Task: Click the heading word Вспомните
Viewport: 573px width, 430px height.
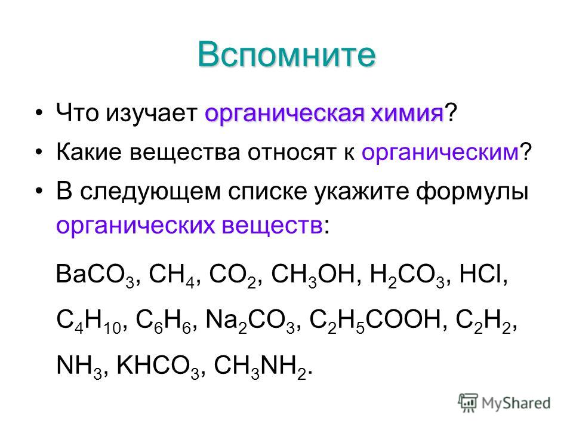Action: [286, 55]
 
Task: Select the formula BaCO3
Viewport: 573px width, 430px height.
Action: [95, 275]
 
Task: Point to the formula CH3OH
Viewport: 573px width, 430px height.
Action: [313, 275]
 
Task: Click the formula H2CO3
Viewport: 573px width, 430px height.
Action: [407, 275]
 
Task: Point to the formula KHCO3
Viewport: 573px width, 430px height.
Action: [158, 367]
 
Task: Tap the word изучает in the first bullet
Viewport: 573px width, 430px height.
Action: [152, 113]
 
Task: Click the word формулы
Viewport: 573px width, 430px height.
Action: [472, 192]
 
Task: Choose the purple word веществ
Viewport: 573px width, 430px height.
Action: [272, 226]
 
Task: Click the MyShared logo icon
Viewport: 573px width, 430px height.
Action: [468, 403]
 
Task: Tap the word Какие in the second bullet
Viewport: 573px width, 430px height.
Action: [89, 152]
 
